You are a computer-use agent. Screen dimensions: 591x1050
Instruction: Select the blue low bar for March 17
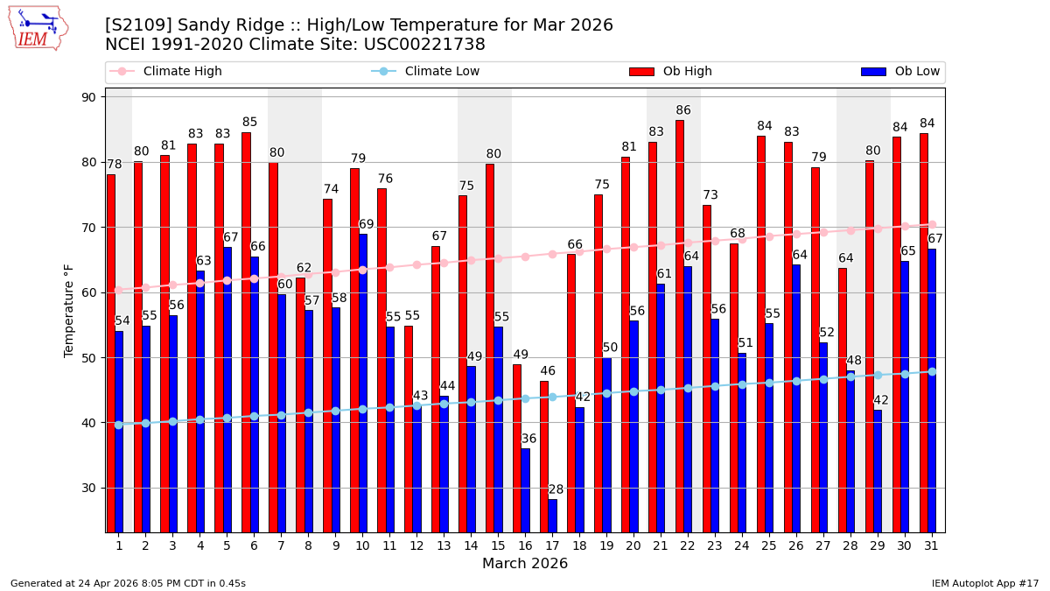(552, 516)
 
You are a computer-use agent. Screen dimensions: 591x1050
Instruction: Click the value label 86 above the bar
(683, 110)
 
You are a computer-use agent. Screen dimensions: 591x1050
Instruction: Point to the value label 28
(556, 489)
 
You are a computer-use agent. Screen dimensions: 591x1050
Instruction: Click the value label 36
(528, 439)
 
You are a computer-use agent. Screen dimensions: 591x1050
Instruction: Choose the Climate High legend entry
(182, 72)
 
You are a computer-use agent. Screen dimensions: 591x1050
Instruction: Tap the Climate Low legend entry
(442, 72)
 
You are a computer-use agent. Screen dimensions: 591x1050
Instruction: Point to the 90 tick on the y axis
(88, 97)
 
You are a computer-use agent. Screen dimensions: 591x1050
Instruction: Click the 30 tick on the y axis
(88, 488)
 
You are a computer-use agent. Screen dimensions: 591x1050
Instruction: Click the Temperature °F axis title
(69, 311)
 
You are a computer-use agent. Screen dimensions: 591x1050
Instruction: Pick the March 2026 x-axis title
(525, 564)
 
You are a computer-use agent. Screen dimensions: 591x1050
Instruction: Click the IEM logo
(38, 28)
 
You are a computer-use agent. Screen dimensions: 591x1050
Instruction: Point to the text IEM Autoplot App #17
(984, 583)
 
